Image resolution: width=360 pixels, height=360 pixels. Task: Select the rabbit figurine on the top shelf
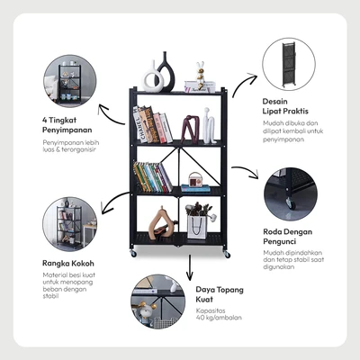[x=200, y=75]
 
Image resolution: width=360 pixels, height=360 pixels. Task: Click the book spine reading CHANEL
[x=138, y=125]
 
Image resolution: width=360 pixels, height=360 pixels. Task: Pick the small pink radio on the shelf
[x=195, y=179]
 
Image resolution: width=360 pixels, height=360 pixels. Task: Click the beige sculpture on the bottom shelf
[x=161, y=223]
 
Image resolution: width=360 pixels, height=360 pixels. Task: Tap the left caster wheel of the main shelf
[x=133, y=254]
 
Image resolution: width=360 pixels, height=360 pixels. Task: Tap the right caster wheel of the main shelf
[x=227, y=255]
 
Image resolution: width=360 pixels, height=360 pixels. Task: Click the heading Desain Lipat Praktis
[x=285, y=106]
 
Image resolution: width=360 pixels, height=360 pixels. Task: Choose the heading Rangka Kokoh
[x=68, y=264]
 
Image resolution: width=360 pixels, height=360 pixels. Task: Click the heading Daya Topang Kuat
[x=220, y=294]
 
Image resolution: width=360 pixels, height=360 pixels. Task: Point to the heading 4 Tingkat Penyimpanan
[x=67, y=125]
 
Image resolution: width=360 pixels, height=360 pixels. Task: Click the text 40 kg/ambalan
[x=219, y=318]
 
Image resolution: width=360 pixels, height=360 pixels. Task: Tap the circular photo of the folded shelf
[x=289, y=64]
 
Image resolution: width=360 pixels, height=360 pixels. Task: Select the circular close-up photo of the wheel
[x=291, y=194]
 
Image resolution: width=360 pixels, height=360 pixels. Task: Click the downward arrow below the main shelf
[x=189, y=268]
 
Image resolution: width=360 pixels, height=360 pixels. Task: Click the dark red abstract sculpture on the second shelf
[x=191, y=129]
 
